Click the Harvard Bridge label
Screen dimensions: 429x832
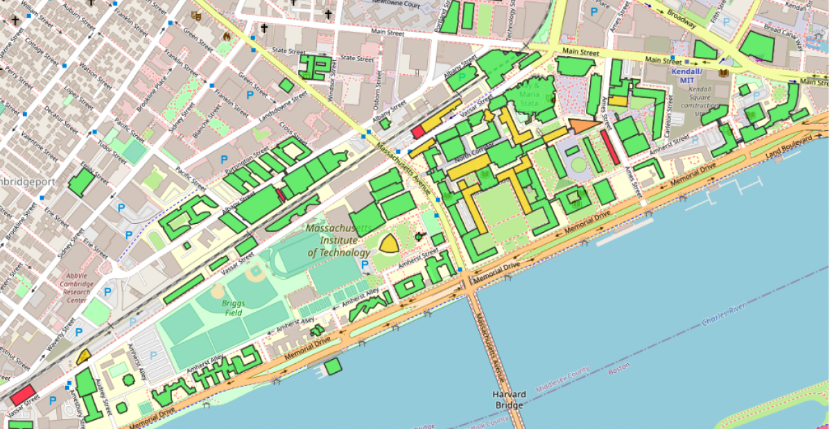509,399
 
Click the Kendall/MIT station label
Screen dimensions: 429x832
686,76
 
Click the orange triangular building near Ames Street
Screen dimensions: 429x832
581,125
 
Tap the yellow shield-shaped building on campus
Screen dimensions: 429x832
389,243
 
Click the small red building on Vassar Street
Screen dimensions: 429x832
418,131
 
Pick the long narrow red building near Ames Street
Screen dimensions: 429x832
610,148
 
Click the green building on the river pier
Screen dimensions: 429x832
333,366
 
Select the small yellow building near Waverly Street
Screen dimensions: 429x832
84,358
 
